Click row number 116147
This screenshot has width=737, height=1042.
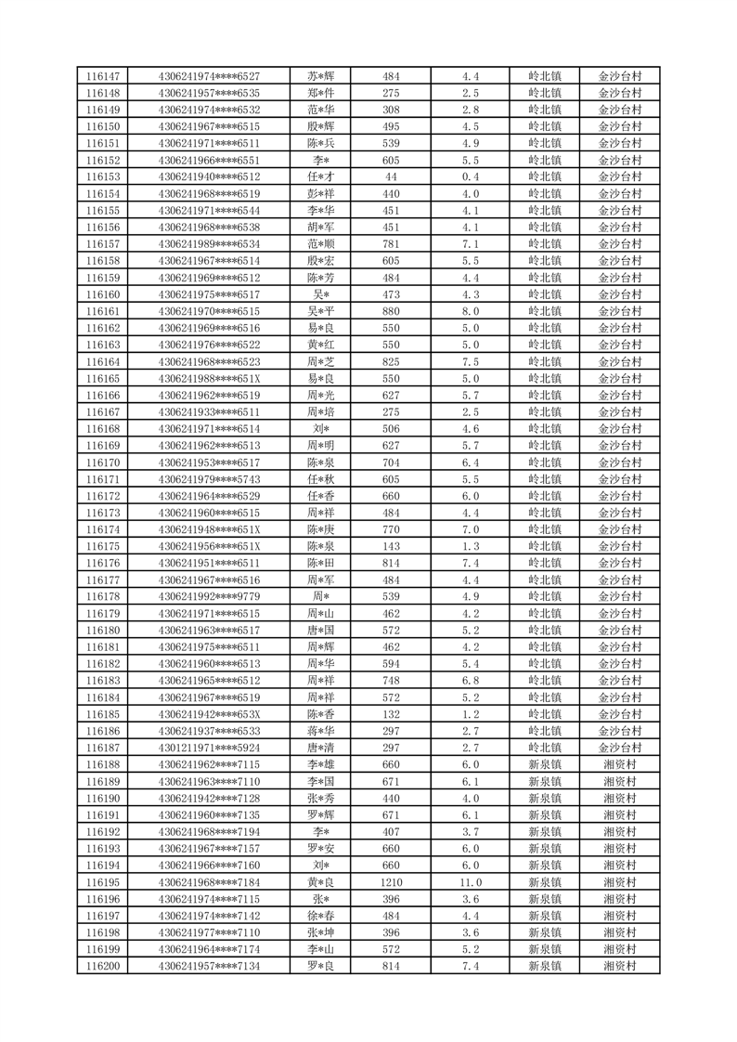(x=102, y=76)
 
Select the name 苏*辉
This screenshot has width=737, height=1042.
(x=321, y=76)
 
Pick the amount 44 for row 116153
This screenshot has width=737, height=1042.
(x=391, y=176)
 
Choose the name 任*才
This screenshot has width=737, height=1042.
(x=321, y=176)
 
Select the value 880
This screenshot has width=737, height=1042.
(x=391, y=311)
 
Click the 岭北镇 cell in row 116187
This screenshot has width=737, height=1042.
(x=545, y=748)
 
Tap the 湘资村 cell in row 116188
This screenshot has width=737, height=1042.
(x=620, y=764)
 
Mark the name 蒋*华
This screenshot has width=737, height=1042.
(x=321, y=731)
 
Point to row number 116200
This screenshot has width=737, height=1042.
(x=102, y=966)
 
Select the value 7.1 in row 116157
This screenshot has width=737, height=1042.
(x=471, y=244)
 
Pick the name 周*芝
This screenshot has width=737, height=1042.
(x=321, y=361)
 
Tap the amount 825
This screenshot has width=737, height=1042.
(x=391, y=361)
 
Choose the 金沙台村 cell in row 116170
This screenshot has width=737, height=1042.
(x=620, y=462)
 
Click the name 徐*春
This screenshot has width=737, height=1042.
(x=321, y=916)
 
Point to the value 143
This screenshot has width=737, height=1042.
(x=391, y=546)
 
